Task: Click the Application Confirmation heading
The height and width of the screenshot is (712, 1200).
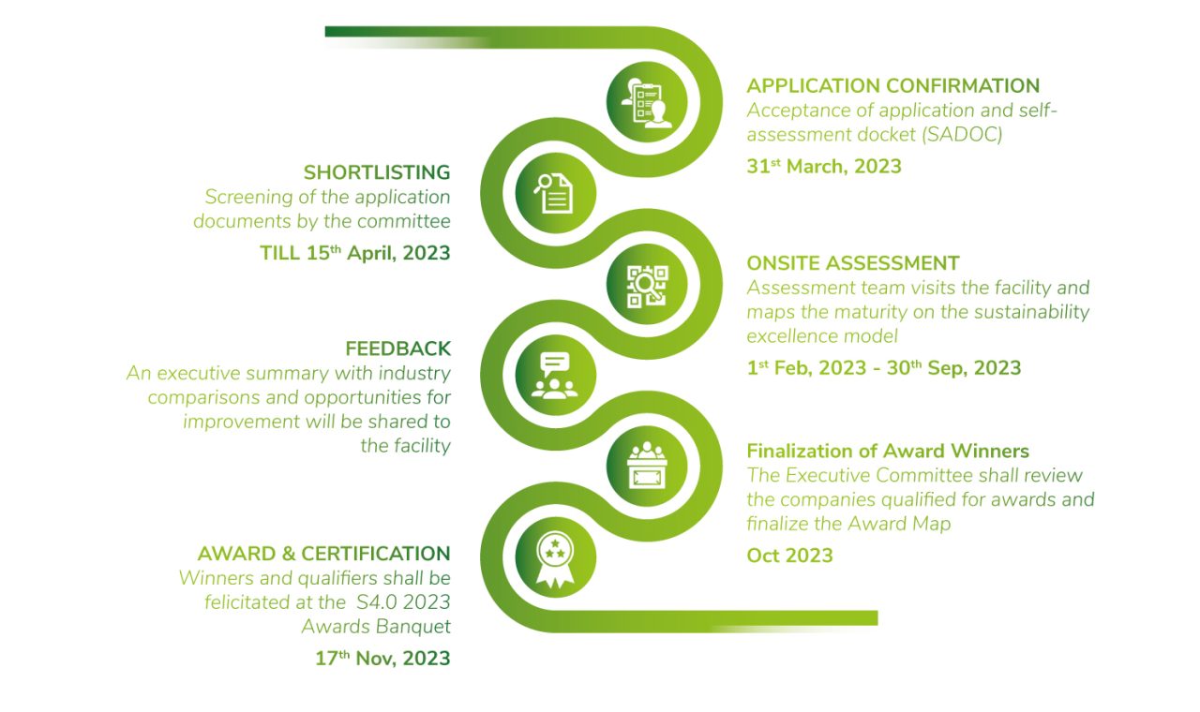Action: pos(892,86)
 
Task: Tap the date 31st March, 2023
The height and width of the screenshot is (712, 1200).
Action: pos(823,167)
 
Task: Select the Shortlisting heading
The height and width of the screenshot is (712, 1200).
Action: pos(377,172)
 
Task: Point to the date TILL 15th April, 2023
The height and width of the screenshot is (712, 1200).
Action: pos(354,253)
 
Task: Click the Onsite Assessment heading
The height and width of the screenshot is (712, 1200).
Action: pos(852,263)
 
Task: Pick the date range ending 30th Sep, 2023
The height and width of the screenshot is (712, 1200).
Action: pos(883,368)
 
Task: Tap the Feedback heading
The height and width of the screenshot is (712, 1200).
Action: pos(398,349)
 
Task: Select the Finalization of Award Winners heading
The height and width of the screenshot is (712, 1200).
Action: pos(887,452)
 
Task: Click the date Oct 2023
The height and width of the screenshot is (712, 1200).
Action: pos(789,556)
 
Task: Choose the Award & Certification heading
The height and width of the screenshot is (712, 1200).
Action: pos(323,554)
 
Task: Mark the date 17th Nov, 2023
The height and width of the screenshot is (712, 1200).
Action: pos(382,659)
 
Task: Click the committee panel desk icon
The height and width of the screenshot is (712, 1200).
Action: pos(647,467)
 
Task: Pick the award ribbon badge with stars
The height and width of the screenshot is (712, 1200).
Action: pos(555,558)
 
